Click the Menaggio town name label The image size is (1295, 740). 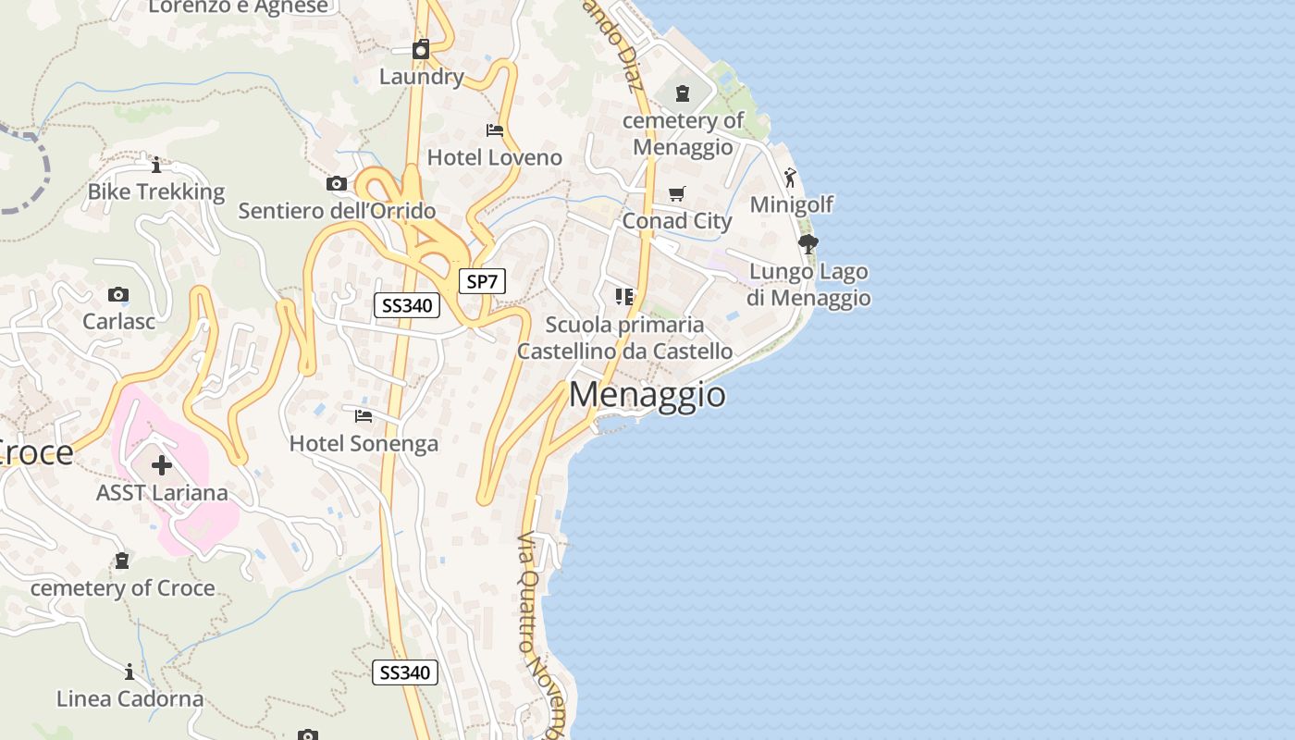(x=647, y=395)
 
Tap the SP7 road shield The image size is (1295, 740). (x=482, y=282)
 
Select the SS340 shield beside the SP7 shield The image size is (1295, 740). (x=406, y=305)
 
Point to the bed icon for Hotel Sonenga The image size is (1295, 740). (x=364, y=416)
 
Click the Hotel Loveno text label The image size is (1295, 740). (x=494, y=157)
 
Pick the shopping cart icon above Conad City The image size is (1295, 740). (x=677, y=194)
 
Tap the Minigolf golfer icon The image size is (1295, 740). (x=790, y=177)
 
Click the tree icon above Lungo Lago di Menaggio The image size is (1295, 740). (x=808, y=244)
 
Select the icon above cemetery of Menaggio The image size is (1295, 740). (x=683, y=93)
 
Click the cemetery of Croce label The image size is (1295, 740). (x=122, y=588)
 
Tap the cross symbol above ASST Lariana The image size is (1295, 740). (x=162, y=464)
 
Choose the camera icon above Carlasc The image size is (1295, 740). (x=118, y=295)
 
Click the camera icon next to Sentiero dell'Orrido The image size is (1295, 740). (x=337, y=184)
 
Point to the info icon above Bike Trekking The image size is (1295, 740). (x=156, y=165)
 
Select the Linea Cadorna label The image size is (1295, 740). (x=129, y=698)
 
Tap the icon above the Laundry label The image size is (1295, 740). (x=421, y=49)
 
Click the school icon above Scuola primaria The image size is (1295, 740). (x=624, y=297)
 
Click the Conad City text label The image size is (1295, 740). (x=677, y=221)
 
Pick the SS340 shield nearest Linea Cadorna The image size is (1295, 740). (x=404, y=672)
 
